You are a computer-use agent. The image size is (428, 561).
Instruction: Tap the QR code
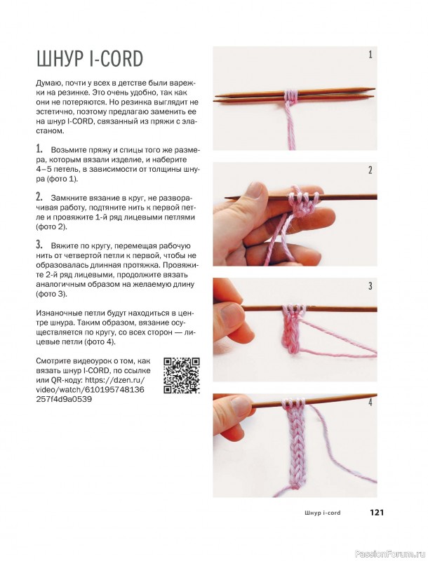coord(182,375)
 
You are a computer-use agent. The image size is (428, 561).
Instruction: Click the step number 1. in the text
coord(39,149)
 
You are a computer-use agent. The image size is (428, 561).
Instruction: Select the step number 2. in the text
coord(39,196)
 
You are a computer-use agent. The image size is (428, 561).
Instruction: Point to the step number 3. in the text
coord(39,245)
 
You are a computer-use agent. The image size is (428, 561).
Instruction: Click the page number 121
coord(377,513)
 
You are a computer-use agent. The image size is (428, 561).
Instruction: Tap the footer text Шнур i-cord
coord(323,513)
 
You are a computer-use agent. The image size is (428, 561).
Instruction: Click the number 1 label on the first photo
coord(370,55)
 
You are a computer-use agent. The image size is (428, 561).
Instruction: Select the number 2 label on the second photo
coord(370,170)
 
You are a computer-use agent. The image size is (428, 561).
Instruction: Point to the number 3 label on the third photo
coord(370,286)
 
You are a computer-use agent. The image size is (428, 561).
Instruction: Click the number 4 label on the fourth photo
coord(370,402)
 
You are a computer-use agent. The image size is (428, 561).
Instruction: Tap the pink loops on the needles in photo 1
coord(290,95)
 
